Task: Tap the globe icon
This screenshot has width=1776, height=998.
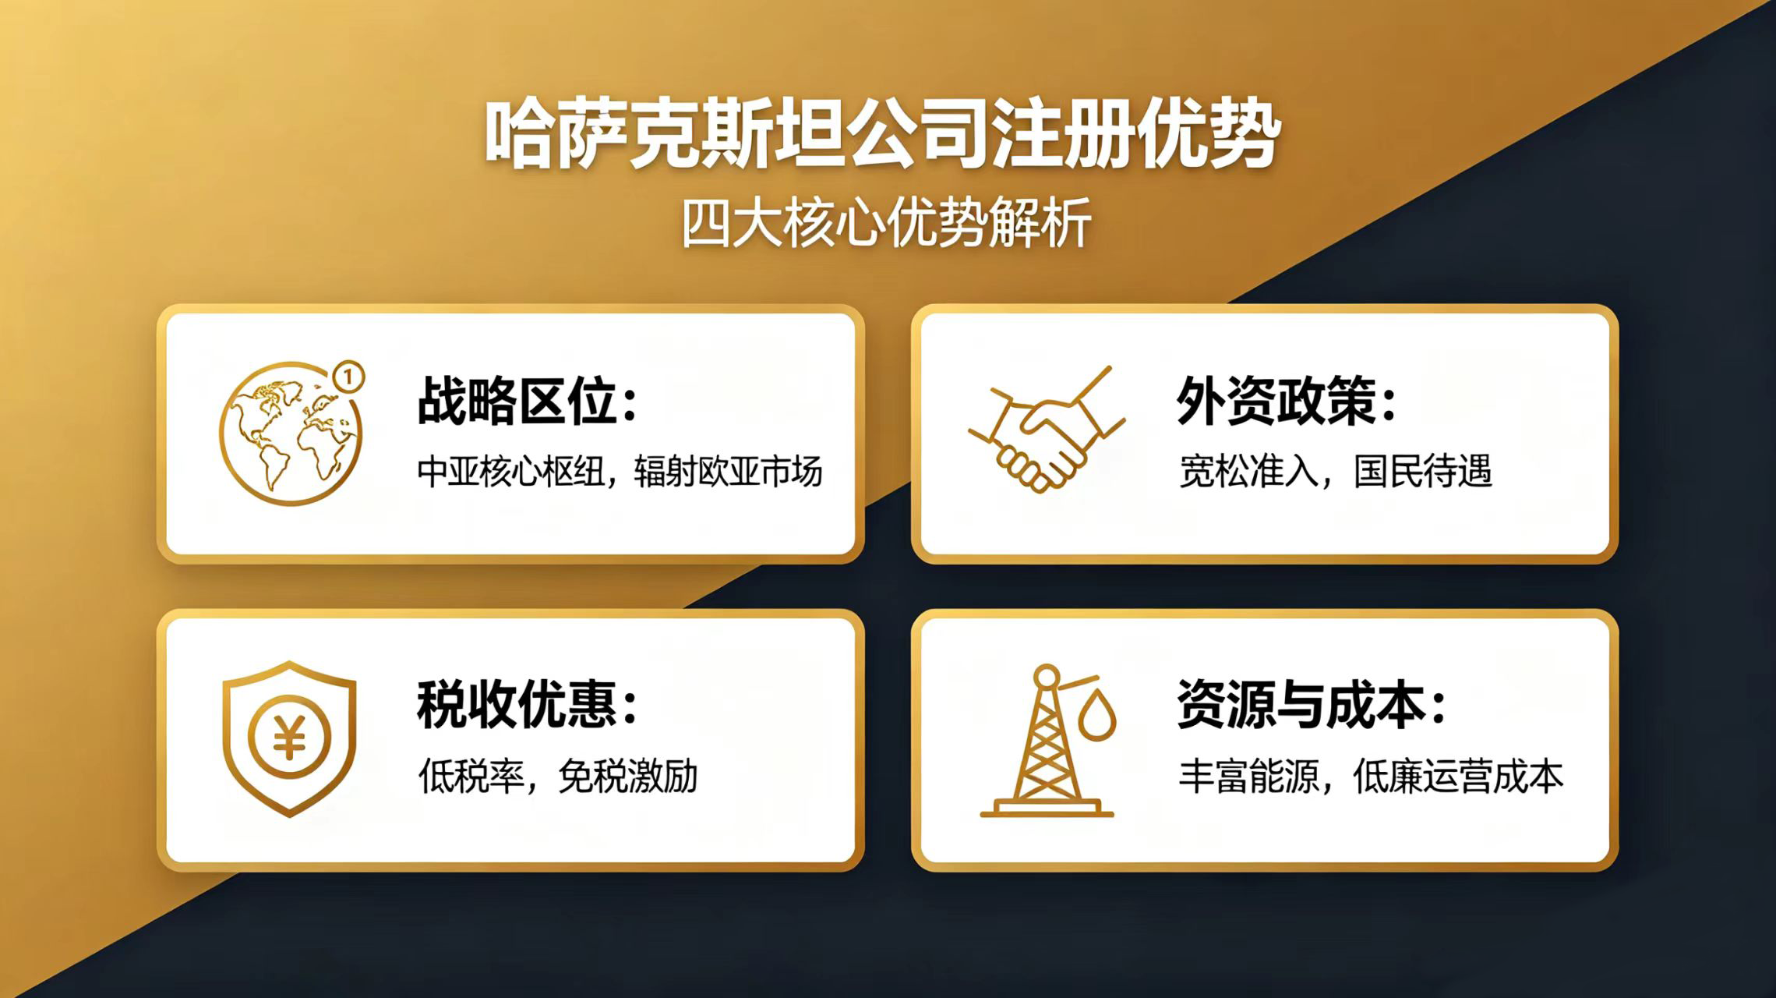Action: click(291, 433)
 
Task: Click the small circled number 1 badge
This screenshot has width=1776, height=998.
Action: click(348, 378)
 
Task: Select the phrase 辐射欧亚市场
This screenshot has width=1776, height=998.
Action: click(729, 472)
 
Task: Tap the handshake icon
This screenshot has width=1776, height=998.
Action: click(1046, 430)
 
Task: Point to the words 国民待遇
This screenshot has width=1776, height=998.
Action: click(1422, 471)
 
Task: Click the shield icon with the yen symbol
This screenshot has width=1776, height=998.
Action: click(289, 738)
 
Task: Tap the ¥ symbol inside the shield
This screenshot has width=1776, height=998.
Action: click(289, 737)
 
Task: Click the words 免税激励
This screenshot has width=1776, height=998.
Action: click(627, 776)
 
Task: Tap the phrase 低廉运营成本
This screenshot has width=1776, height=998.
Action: click(1458, 776)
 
